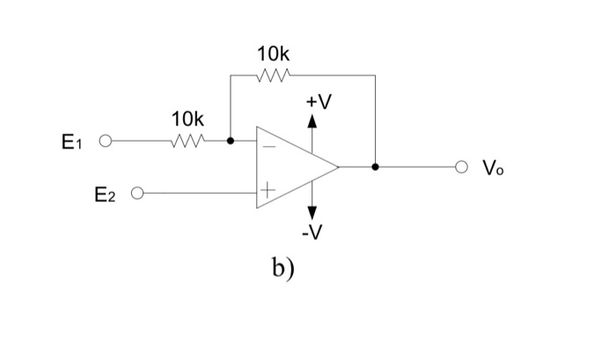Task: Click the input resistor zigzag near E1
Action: pyautogui.click(x=189, y=140)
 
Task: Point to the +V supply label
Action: pyautogui.click(x=319, y=103)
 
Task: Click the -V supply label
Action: pyautogui.click(x=312, y=233)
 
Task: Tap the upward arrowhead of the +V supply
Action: pyautogui.click(x=312, y=122)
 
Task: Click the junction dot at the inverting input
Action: pyautogui.click(x=231, y=140)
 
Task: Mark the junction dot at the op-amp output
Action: pyautogui.click(x=376, y=166)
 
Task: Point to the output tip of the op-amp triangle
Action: pyautogui.click(x=338, y=166)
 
